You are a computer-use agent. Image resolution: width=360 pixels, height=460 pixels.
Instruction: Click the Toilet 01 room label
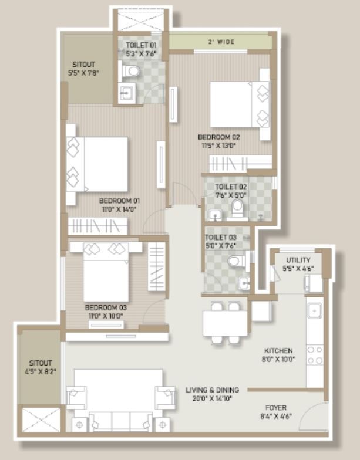141,46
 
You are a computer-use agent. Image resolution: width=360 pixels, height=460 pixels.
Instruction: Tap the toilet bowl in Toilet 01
130,71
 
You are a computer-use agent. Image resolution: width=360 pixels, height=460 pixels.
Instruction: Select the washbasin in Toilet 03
244,284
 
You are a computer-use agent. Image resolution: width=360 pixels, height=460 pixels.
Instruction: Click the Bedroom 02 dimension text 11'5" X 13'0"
219,146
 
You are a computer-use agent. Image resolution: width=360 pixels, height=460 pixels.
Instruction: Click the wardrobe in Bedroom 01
97,226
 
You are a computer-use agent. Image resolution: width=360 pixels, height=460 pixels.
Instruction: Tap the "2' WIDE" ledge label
221,42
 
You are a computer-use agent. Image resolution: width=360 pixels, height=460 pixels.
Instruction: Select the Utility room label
298,260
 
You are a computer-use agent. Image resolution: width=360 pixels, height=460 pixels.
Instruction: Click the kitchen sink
315,311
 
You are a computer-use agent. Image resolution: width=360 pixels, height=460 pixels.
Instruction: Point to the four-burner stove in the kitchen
315,355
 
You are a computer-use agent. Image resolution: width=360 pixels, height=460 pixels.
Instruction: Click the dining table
225,323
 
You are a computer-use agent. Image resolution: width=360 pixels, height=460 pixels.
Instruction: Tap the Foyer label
276,408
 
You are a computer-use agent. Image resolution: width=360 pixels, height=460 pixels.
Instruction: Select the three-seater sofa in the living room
121,421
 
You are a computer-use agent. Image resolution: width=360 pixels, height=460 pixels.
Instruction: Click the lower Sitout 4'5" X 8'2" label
40,367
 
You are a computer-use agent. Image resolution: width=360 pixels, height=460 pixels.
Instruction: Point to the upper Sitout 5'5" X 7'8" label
83,69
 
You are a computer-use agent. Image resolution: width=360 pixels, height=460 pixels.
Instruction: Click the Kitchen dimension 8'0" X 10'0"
278,359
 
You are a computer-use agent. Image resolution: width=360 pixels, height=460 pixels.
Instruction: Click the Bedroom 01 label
119,201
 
